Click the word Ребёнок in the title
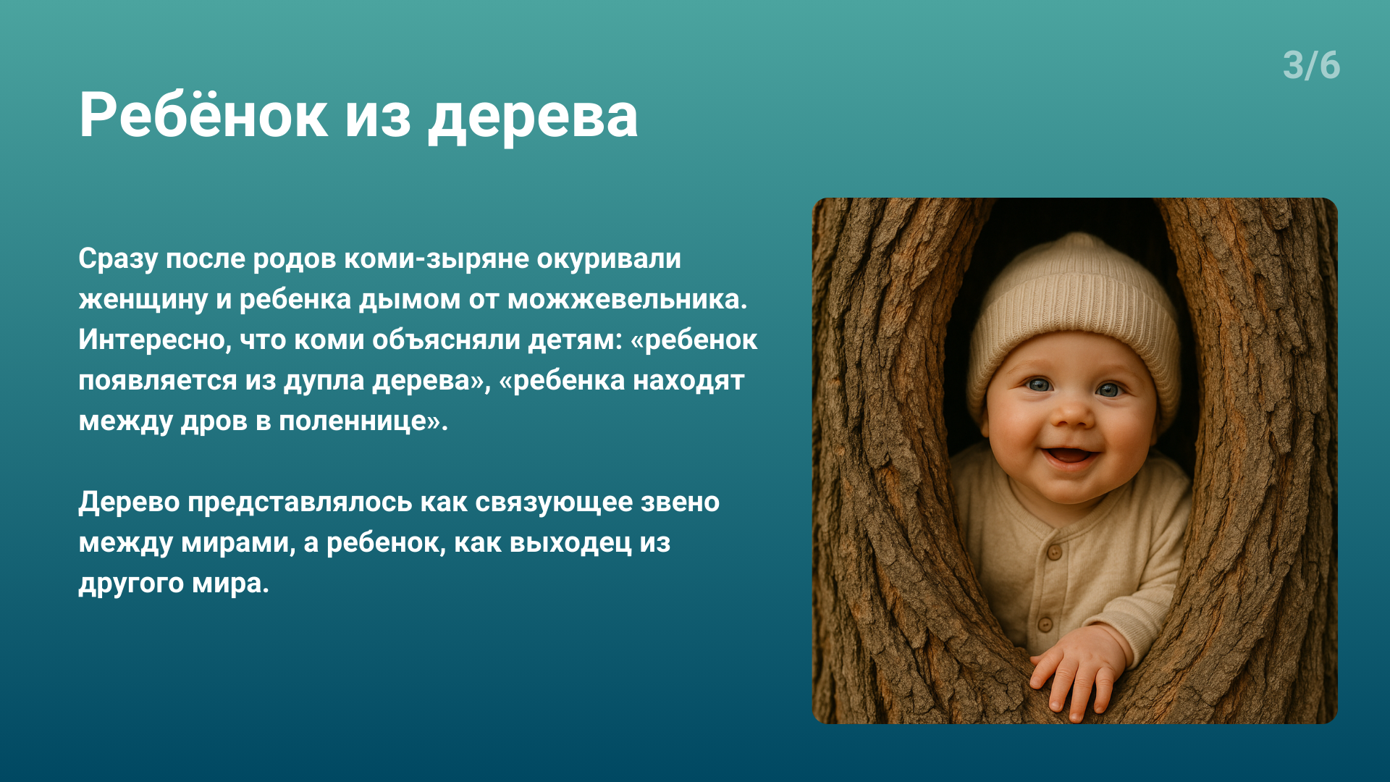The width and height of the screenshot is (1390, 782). (x=203, y=114)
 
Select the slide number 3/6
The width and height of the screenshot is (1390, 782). (x=1311, y=65)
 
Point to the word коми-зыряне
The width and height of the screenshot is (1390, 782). (x=436, y=258)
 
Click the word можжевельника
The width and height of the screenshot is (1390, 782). (x=627, y=299)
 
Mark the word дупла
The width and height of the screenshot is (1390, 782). (x=324, y=381)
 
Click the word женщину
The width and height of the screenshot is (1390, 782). (x=143, y=300)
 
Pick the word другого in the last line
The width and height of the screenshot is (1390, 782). (x=131, y=584)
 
